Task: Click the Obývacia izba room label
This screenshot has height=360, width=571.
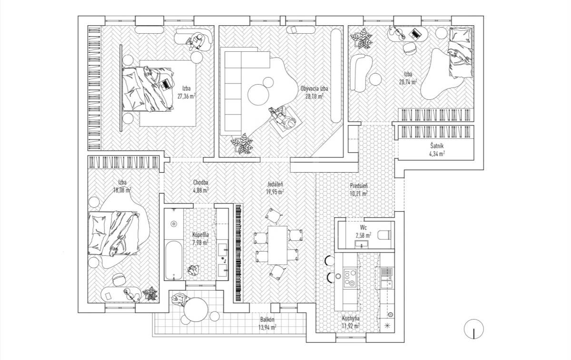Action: [314, 88]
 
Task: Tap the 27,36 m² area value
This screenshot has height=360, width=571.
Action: [187, 97]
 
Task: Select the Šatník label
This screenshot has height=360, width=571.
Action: [437, 146]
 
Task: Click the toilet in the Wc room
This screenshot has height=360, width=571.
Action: [384, 235]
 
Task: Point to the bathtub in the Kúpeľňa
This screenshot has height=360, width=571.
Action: [174, 260]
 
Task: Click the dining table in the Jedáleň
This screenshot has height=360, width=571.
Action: [277, 245]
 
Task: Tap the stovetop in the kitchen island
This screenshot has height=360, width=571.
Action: [349, 278]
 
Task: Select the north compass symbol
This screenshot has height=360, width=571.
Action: [473, 329]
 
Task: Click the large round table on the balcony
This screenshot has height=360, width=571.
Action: [196, 310]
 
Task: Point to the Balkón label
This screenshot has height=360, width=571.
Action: [267, 320]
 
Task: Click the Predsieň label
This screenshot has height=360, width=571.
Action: [359, 186]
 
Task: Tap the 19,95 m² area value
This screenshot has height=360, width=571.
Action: [276, 192]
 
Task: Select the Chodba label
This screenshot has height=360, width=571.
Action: [201, 183]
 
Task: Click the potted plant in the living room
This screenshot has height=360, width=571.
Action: [242, 144]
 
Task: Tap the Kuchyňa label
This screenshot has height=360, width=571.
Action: [351, 318]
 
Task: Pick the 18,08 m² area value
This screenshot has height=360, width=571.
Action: [122, 190]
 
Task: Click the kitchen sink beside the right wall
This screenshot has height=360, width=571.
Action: [387, 272]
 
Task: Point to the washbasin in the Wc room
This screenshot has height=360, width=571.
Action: [361, 244]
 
